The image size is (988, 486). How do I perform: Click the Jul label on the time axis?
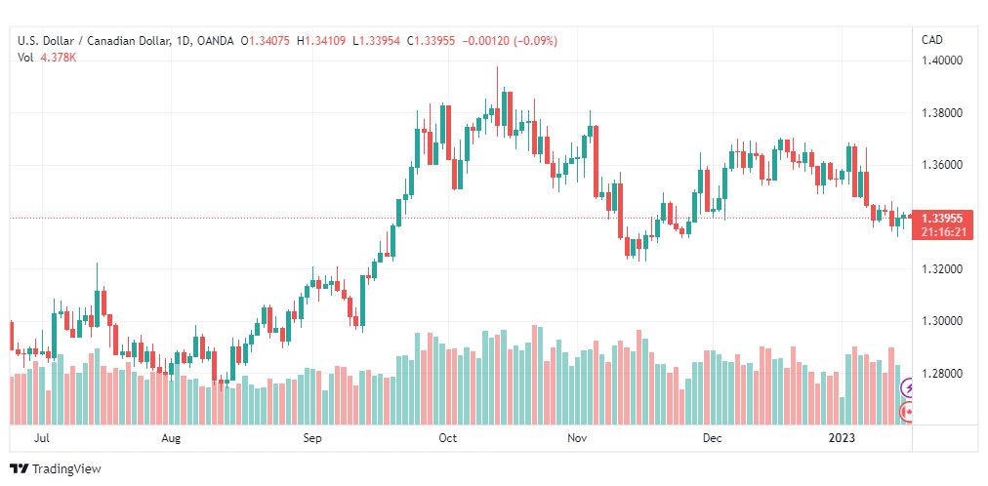point(42,438)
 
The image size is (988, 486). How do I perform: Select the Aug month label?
point(171,438)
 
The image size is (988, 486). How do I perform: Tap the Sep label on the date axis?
point(312,438)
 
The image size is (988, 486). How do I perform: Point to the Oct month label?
point(447,438)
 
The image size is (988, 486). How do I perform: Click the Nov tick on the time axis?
point(577,438)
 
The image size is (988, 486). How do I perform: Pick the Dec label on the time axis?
point(713,438)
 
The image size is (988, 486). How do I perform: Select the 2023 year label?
point(843,438)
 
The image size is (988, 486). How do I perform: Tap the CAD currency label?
point(932,40)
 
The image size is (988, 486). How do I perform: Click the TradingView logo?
point(56,469)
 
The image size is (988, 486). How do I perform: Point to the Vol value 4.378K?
point(59,58)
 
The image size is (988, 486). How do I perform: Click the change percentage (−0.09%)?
point(536,41)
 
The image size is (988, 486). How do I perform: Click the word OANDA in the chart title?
point(215,41)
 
